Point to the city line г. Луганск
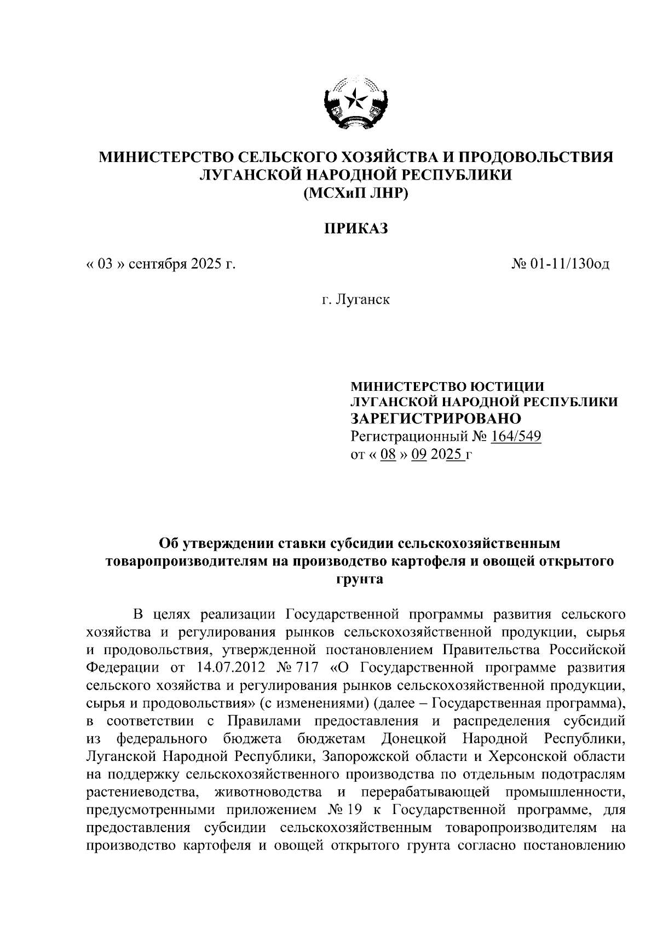pyautogui.click(x=355, y=300)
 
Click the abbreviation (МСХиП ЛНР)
pyautogui.click(x=355, y=193)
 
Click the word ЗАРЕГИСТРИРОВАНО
pyautogui.click(x=436, y=419)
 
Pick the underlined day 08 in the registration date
pyautogui.click(x=388, y=454)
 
